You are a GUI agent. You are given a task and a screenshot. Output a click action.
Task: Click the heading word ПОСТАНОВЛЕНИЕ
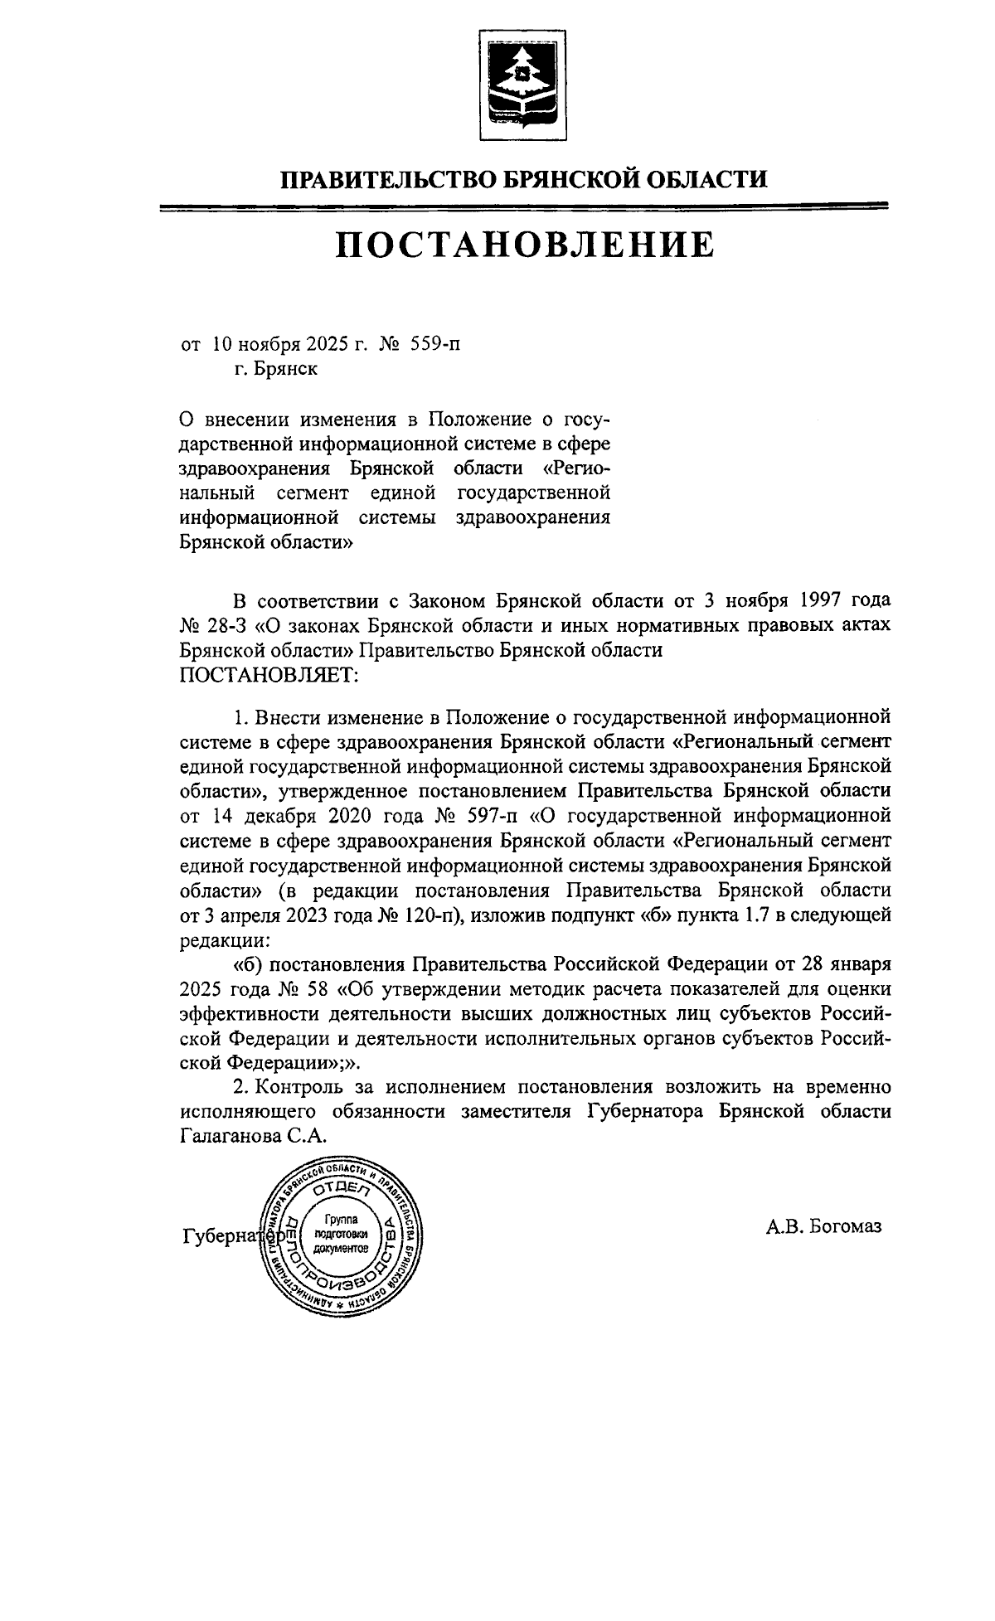(524, 245)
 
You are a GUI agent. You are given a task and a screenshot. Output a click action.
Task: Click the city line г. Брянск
(275, 368)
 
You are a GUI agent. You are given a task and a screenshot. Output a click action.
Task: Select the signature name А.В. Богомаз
(823, 1225)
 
